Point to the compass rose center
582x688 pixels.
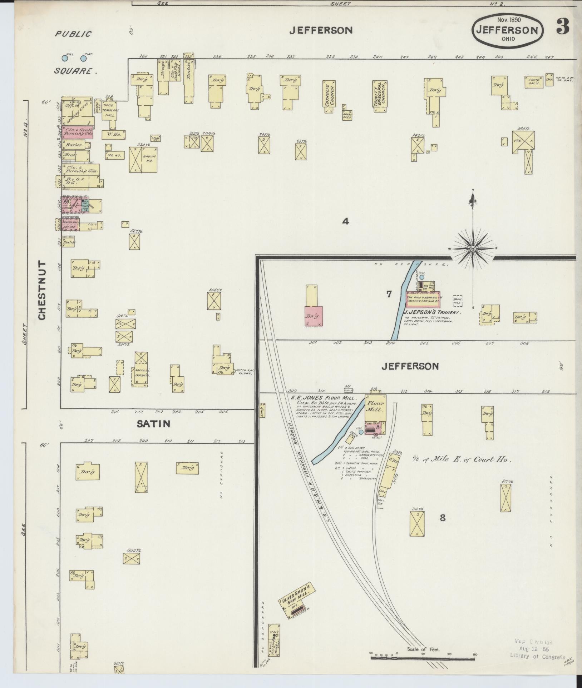point(473,248)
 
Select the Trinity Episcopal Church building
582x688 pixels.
point(380,95)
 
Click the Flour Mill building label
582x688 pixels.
point(375,407)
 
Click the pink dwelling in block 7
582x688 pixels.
point(314,316)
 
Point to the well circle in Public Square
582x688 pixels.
point(65,58)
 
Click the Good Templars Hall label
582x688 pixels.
point(108,108)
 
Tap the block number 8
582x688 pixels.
point(443,518)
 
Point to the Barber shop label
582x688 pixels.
point(74,145)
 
